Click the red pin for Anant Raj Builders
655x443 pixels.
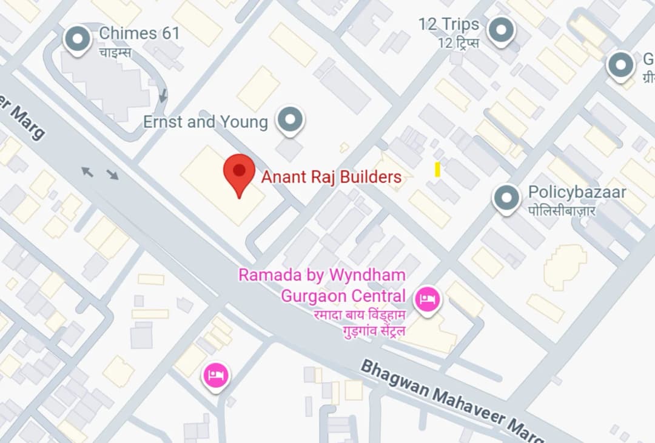point(240,172)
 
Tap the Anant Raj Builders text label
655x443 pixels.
point(331,177)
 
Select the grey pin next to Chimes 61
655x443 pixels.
point(78,38)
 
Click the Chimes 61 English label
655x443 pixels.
point(139,33)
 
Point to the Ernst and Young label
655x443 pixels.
point(205,122)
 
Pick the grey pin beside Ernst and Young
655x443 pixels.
point(290,119)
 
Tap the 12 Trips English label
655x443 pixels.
point(449,25)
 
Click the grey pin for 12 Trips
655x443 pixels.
point(501,29)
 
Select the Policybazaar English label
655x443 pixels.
point(577,192)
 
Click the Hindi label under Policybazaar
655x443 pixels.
point(562,210)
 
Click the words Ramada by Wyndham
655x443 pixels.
point(321,275)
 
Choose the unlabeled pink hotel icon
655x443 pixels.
point(217,376)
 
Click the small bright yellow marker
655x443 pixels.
point(437,170)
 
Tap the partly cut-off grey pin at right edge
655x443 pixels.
point(620,64)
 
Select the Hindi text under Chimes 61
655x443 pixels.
point(115,52)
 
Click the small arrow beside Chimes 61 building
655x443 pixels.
point(163,96)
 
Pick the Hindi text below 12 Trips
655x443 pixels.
point(458,42)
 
